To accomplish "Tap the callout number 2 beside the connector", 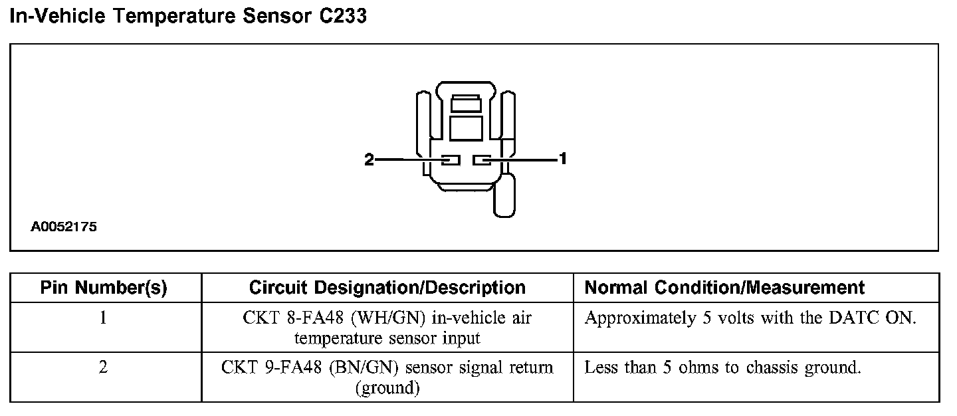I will (x=370, y=159).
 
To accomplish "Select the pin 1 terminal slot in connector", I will (x=481, y=160).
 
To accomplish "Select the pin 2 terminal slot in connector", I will (x=451, y=160).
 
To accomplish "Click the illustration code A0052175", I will (x=64, y=227).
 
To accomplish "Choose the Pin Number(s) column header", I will (x=104, y=288).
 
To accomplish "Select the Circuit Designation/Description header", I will (x=387, y=288).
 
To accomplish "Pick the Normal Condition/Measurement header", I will (x=724, y=288).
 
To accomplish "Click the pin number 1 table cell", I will (x=104, y=318).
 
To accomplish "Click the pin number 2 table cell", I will (x=104, y=367).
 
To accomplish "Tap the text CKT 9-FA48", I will (x=272, y=367).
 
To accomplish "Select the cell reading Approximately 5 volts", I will (x=750, y=318).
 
